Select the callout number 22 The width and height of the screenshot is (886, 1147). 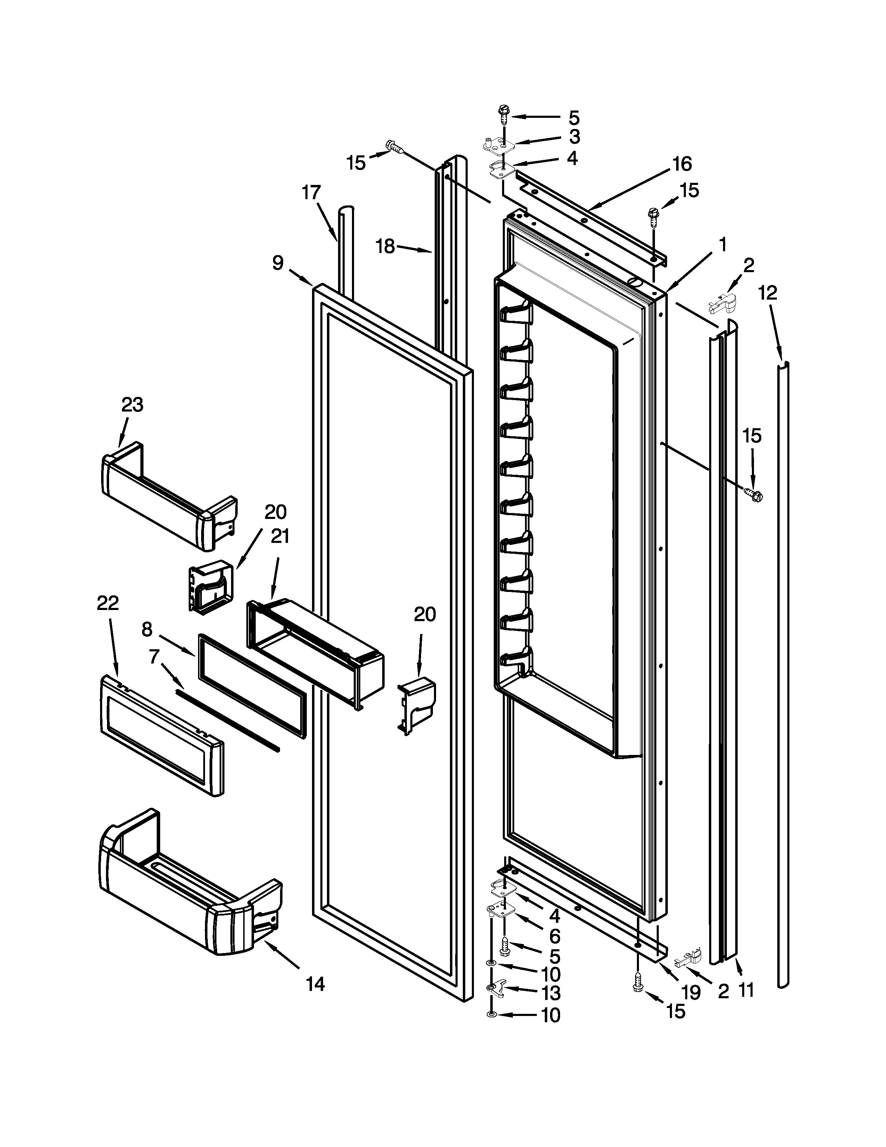pyautogui.click(x=108, y=603)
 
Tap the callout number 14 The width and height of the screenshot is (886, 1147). pyautogui.click(x=315, y=984)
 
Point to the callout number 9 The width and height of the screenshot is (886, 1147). pyautogui.click(x=278, y=262)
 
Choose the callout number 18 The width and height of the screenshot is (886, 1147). pyautogui.click(x=386, y=246)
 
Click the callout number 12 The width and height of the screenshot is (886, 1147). pyautogui.click(x=768, y=293)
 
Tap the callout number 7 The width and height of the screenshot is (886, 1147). pyautogui.click(x=154, y=656)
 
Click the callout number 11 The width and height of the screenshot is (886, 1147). pyautogui.click(x=746, y=990)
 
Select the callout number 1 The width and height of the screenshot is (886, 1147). pyautogui.click(x=723, y=244)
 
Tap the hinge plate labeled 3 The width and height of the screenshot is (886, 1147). pyautogui.click(x=496, y=145)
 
